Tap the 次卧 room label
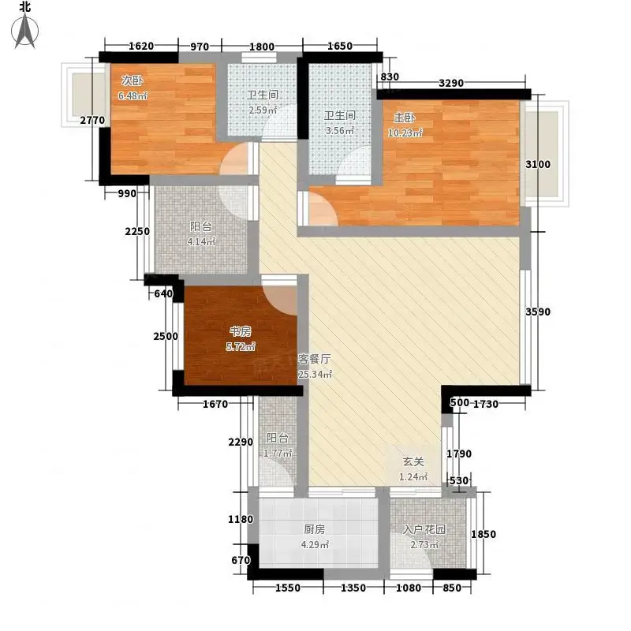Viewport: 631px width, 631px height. click(x=132, y=80)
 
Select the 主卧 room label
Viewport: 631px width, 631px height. click(x=404, y=118)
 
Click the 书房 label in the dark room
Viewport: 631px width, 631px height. click(x=241, y=331)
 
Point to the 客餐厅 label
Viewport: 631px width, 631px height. click(x=314, y=359)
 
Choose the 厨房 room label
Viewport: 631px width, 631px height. click(x=314, y=529)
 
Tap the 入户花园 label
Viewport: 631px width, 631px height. click(x=424, y=529)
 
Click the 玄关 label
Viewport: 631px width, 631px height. click(x=413, y=461)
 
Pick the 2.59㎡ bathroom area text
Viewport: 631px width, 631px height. click(x=263, y=110)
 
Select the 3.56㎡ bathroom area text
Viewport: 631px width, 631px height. click(x=340, y=131)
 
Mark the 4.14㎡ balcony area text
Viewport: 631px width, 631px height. click(x=201, y=242)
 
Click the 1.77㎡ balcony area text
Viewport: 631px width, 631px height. click(x=278, y=453)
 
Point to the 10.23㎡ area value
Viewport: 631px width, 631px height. click(x=405, y=133)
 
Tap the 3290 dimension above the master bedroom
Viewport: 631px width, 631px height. click(x=451, y=84)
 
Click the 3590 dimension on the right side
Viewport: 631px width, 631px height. click(x=538, y=312)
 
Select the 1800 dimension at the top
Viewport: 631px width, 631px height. click(x=262, y=47)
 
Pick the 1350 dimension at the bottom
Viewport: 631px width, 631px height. click(x=353, y=588)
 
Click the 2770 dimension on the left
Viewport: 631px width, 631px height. click(x=92, y=120)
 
